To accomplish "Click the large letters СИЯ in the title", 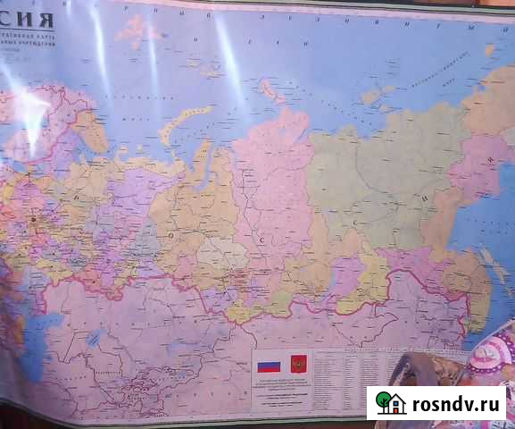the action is (x=27, y=19).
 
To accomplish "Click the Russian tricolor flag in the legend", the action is (x=268, y=366).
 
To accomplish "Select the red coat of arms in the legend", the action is (x=297, y=365).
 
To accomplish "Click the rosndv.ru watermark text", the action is (x=457, y=403).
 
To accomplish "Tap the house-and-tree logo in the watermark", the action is (x=390, y=404).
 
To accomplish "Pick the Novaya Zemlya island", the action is (x=184, y=122).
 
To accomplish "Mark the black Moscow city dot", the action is (x=34, y=217).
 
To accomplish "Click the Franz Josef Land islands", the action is (x=135, y=29).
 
